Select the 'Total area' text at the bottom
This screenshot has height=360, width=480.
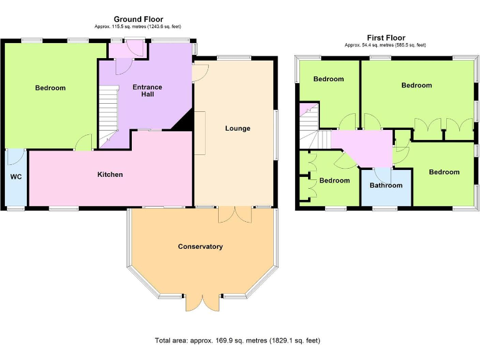[x=237, y=341]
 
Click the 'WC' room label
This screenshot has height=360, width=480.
[x=16, y=177]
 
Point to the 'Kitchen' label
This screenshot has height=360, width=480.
[x=110, y=174]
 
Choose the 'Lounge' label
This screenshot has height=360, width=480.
[x=237, y=128]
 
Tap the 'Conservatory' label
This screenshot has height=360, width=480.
[x=200, y=246]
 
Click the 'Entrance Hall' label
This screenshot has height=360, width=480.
[x=147, y=91]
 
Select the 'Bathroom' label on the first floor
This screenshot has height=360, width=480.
[x=386, y=185]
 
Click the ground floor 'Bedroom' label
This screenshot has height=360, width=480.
[x=50, y=88]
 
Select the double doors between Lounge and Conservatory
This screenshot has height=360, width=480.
[x=235, y=214]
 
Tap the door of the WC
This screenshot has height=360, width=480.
[x=17, y=156]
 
